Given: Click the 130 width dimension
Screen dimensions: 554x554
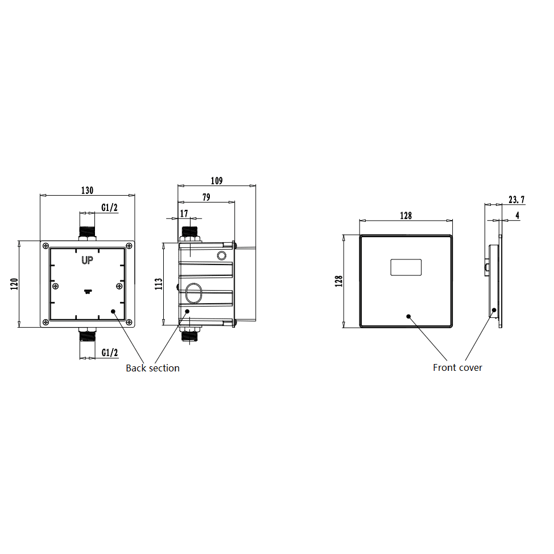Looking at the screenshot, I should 86,191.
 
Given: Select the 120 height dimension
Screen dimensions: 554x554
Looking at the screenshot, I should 14,283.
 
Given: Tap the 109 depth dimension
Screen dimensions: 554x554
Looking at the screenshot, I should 217,181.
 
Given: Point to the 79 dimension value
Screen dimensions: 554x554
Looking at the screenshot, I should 206,197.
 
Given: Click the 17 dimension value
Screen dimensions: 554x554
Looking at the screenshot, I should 184,213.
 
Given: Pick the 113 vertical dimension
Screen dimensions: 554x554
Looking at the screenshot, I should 159,283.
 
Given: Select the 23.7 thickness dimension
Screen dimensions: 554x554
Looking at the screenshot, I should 516,200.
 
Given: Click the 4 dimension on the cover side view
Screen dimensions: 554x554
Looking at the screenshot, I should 516,216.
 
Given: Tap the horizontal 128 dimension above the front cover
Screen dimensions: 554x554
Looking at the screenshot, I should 406,216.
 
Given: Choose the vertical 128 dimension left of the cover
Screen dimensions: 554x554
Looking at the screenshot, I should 339,281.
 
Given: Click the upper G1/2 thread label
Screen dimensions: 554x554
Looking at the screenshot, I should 109,208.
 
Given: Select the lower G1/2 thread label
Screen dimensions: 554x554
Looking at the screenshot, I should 109,353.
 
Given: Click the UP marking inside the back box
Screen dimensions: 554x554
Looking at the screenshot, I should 87,261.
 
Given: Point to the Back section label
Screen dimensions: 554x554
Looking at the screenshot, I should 152,369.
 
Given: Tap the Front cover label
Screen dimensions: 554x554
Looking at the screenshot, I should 457,368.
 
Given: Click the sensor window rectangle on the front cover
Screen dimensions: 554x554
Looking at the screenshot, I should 406,267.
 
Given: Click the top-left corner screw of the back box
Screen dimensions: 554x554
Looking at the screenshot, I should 44,246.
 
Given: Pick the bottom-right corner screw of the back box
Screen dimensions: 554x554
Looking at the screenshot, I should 130,322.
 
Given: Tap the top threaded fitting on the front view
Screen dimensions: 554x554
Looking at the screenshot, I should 87,232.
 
